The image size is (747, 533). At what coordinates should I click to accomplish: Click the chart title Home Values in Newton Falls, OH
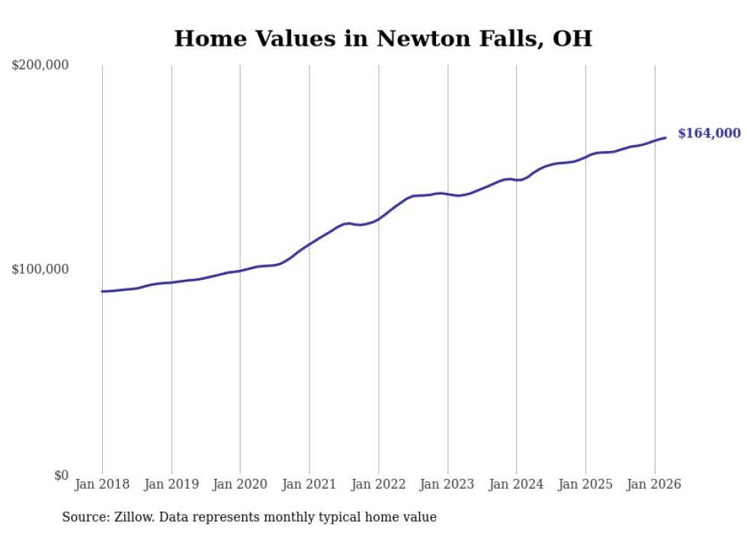tap(383, 38)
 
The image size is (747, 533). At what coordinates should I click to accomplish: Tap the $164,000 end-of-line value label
tap(709, 133)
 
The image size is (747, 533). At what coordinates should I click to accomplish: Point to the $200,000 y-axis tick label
tap(40, 66)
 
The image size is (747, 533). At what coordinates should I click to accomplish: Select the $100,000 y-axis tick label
tap(40, 270)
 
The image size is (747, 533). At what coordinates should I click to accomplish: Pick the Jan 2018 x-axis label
tap(102, 484)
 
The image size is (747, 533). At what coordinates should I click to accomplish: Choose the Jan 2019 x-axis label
tap(172, 484)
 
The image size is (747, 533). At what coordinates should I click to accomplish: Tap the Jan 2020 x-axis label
tap(240, 484)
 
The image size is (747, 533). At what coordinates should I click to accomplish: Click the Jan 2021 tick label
tap(309, 484)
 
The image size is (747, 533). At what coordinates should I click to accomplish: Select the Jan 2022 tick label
tap(379, 484)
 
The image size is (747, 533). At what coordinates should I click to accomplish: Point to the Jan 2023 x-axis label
tap(447, 484)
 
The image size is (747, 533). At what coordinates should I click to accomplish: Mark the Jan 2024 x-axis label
tap(517, 484)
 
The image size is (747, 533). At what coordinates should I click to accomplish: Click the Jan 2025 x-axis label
tap(585, 484)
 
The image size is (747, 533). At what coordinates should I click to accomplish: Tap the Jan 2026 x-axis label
tap(655, 484)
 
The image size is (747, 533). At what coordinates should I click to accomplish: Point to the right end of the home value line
tap(665, 137)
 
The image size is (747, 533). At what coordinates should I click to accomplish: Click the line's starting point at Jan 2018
tap(102, 291)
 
